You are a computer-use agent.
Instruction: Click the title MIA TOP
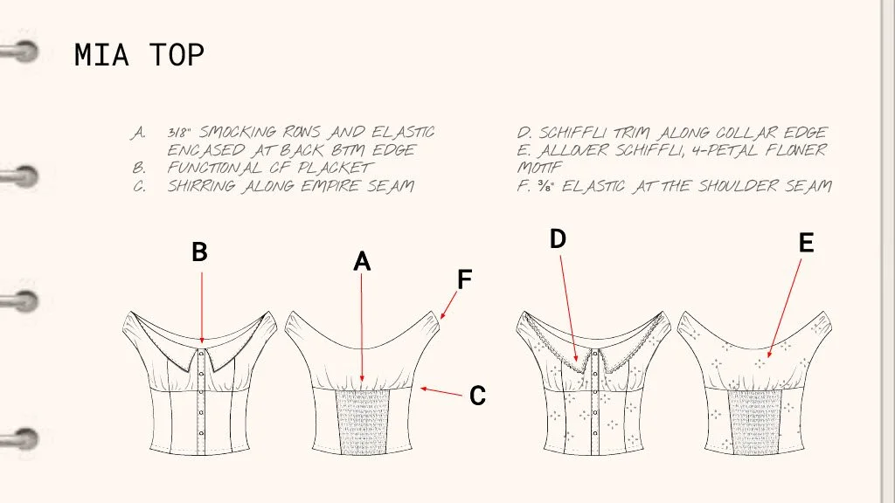(139, 55)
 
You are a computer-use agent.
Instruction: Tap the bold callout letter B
(199, 252)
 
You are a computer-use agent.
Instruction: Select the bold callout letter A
(362, 261)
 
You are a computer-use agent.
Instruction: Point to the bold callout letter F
(465, 279)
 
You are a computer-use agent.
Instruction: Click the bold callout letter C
(477, 396)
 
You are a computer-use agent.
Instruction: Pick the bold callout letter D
(559, 238)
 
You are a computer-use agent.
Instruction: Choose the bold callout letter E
(806, 244)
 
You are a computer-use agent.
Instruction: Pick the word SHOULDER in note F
(753, 185)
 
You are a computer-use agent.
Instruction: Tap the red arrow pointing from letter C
(441, 392)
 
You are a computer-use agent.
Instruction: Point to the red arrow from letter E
(783, 307)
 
